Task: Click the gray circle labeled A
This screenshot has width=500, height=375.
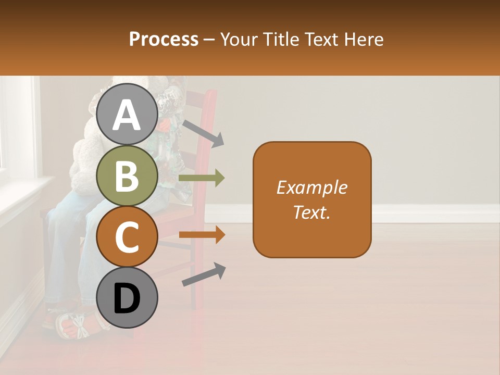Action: [x=127, y=115]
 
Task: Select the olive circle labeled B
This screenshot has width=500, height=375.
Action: [x=127, y=176]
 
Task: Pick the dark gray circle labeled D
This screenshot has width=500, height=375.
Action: [x=127, y=298]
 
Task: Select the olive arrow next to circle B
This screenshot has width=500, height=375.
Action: [x=202, y=178]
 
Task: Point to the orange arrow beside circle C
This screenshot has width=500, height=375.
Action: [x=202, y=235]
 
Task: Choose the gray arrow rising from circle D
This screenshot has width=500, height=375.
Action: [x=204, y=274]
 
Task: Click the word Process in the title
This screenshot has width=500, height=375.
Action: [x=164, y=39]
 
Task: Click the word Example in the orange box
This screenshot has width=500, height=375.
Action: [x=311, y=187]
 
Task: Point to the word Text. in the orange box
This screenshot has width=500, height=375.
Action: [x=311, y=212]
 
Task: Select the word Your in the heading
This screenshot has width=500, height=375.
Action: [x=238, y=39]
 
